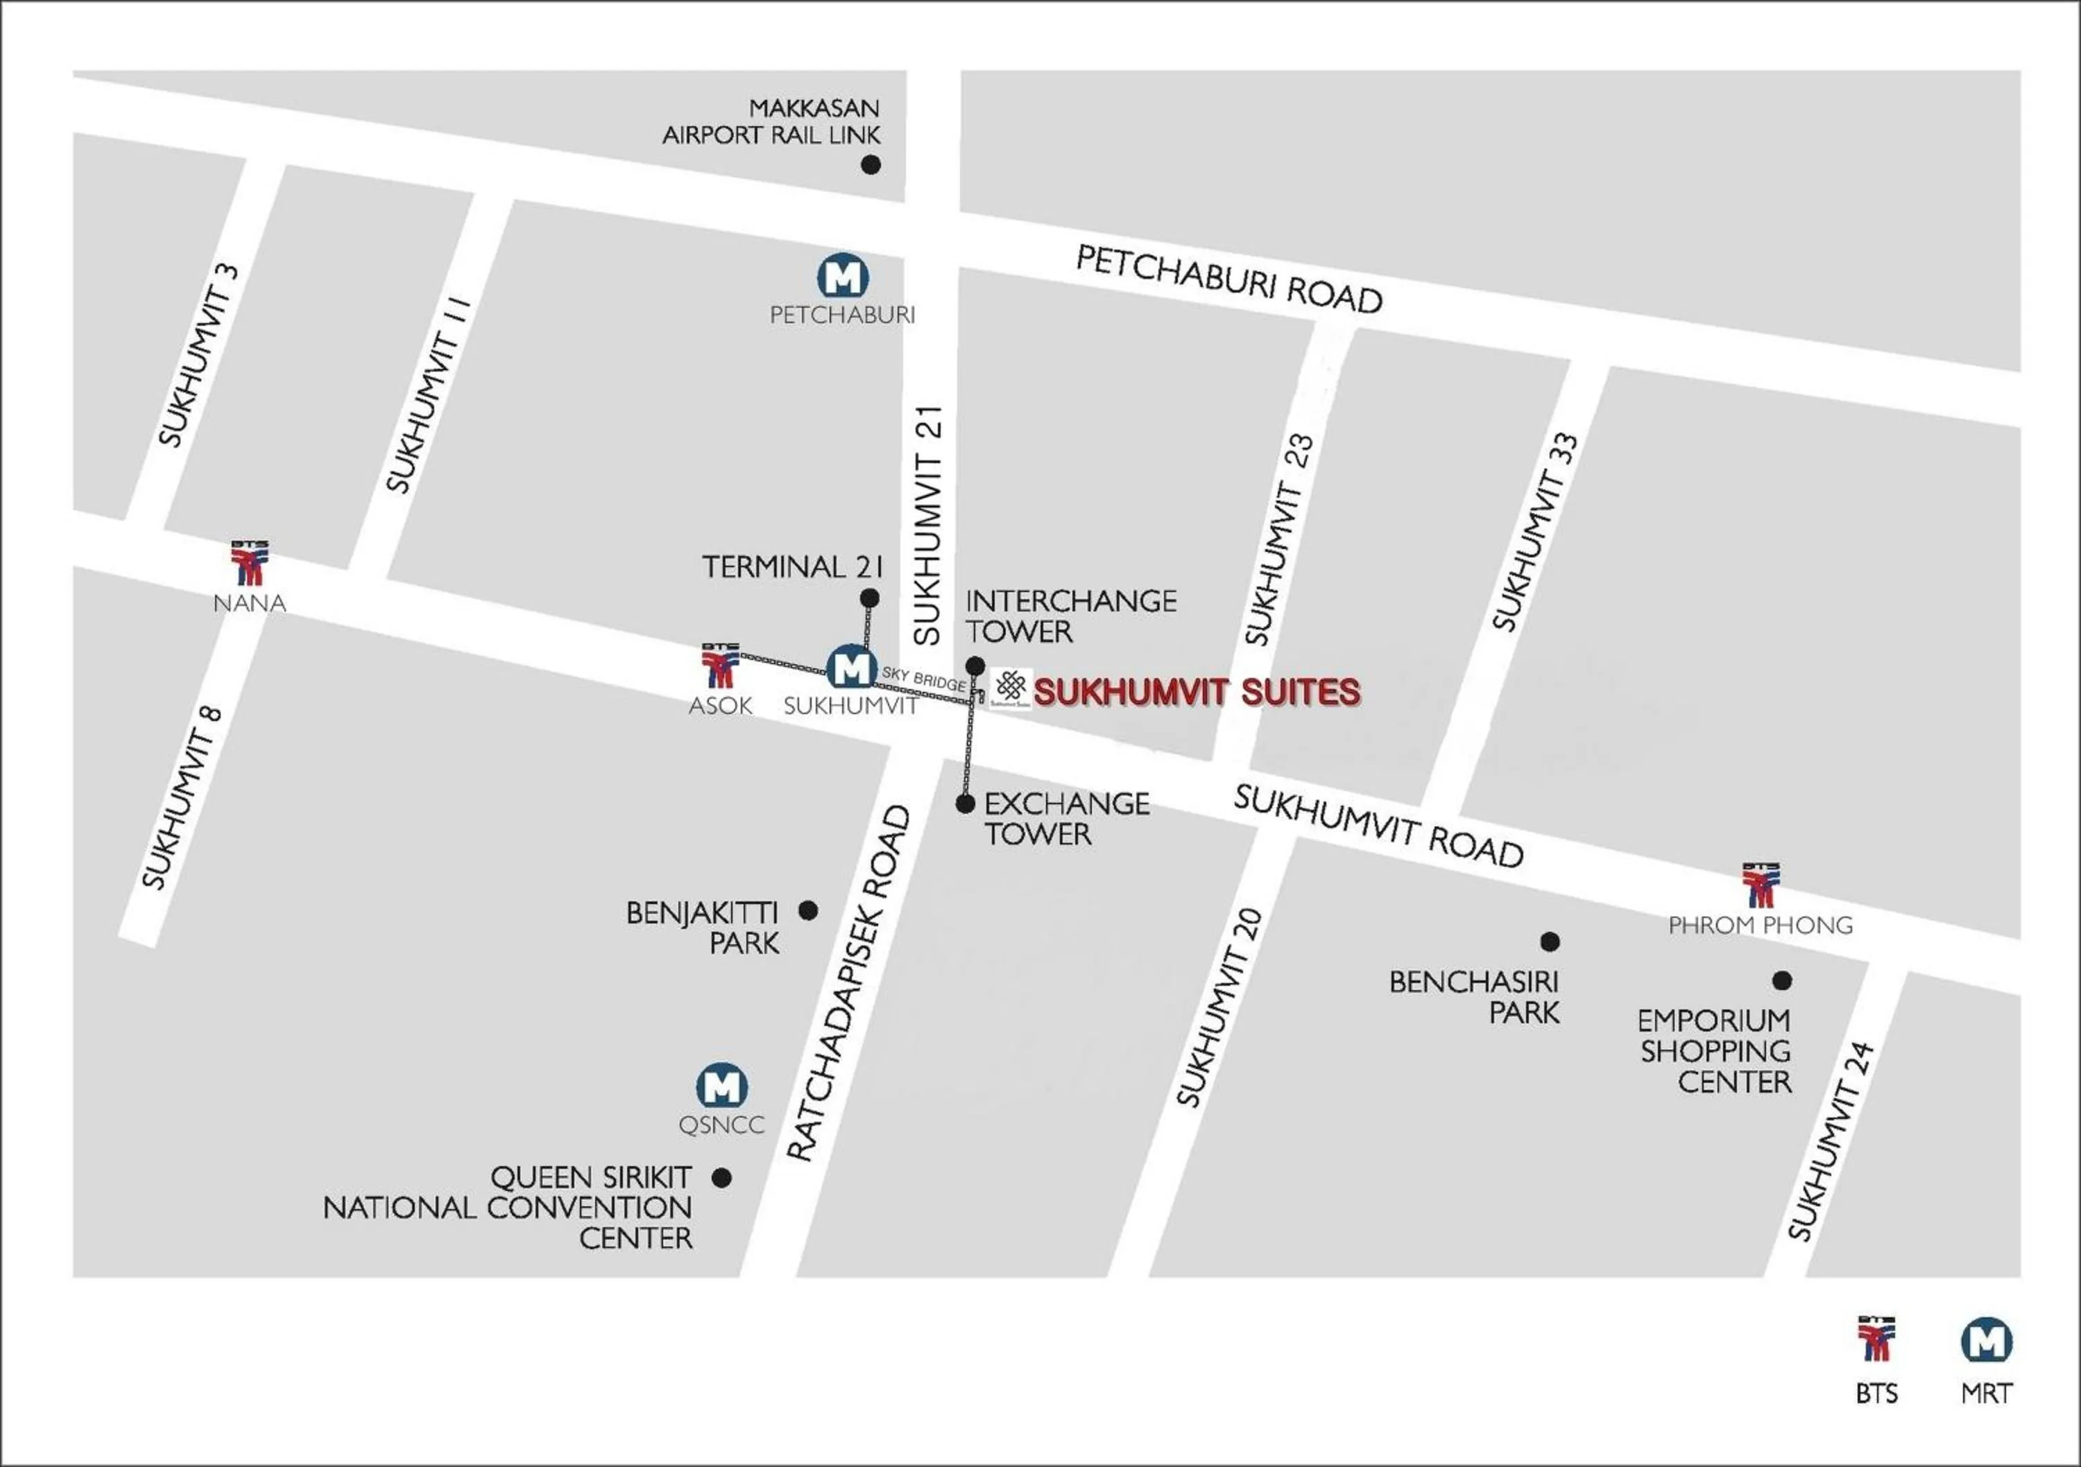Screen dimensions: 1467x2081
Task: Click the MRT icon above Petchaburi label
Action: point(843,277)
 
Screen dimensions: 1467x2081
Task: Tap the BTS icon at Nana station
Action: point(249,564)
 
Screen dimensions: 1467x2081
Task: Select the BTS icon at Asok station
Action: point(721,667)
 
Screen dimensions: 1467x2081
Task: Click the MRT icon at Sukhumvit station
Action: point(851,668)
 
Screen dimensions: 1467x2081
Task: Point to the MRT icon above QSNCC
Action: point(721,1086)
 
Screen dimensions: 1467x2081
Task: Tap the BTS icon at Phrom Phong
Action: point(1760,886)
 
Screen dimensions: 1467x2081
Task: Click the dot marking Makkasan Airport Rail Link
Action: point(870,165)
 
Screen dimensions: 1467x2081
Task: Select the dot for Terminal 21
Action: point(868,598)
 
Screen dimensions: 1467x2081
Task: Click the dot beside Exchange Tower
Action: point(966,804)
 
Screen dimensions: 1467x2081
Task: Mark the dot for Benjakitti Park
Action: point(807,910)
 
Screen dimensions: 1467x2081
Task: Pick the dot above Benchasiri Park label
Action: point(1550,941)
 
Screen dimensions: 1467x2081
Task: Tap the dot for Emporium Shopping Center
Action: point(1782,980)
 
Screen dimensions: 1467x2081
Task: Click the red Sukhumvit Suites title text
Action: point(1197,693)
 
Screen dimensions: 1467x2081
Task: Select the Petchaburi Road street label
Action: point(1228,280)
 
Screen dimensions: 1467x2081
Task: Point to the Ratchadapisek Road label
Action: point(848,983)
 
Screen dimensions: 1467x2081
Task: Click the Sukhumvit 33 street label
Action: point(1535,533)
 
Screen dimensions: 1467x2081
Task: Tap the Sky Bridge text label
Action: point(923,679)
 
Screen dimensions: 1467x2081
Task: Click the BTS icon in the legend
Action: point(1875,1340)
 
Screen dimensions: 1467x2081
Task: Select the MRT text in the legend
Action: point(1986,1394)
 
